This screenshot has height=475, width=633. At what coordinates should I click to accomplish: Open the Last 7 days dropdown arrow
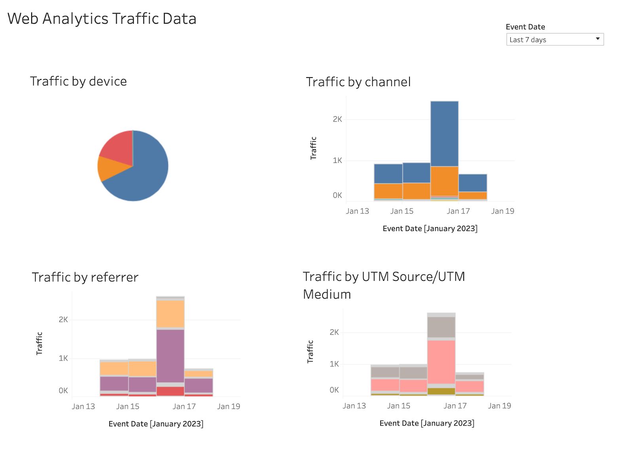(597, 39)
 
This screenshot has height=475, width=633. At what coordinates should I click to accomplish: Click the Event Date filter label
(525, 27)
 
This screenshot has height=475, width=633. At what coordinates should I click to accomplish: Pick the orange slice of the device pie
(108, 168)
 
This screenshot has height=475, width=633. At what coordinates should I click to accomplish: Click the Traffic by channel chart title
(358, 82)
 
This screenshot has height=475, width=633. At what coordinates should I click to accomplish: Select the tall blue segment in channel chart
(444, 133)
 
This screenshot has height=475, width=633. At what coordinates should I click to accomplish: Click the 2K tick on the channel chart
(337, 119)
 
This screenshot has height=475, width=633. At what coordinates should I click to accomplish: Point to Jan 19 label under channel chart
(502, 211)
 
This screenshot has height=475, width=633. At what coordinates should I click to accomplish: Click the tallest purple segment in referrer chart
(171, 356)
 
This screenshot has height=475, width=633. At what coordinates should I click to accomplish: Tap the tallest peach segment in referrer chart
(171, 314)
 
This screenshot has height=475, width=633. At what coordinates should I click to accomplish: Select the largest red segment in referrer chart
(171, 391)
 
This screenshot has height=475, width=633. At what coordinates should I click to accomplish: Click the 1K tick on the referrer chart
(63, 358)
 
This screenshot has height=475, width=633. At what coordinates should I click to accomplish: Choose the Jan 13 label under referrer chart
(83, 407)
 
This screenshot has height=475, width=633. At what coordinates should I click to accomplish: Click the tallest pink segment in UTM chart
(441, 361)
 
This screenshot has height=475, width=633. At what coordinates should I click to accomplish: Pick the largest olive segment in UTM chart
(441, 391)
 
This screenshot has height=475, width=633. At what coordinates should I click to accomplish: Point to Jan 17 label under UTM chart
(455, 406)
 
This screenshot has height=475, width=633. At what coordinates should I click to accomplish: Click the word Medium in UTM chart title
(327, 295)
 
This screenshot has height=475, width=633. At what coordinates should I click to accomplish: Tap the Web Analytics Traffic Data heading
(102, 19)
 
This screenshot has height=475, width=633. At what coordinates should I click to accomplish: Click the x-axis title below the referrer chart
(156, 424)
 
